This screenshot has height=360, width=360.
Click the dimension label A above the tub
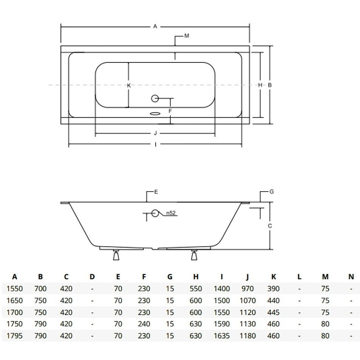[155, 26]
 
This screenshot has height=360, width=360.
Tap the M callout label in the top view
[186, 36]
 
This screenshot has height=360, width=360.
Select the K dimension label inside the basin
[129, 86]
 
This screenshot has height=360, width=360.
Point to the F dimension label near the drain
[170, 111]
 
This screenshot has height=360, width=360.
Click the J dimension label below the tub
[155, 133]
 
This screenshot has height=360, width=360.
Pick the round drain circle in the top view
[155, 98]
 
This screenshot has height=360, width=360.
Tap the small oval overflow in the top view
[156, 114]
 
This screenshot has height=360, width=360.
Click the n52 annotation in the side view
[171, 213]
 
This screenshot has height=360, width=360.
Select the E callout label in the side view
[156, 192]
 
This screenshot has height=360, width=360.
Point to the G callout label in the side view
[271, 192]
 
